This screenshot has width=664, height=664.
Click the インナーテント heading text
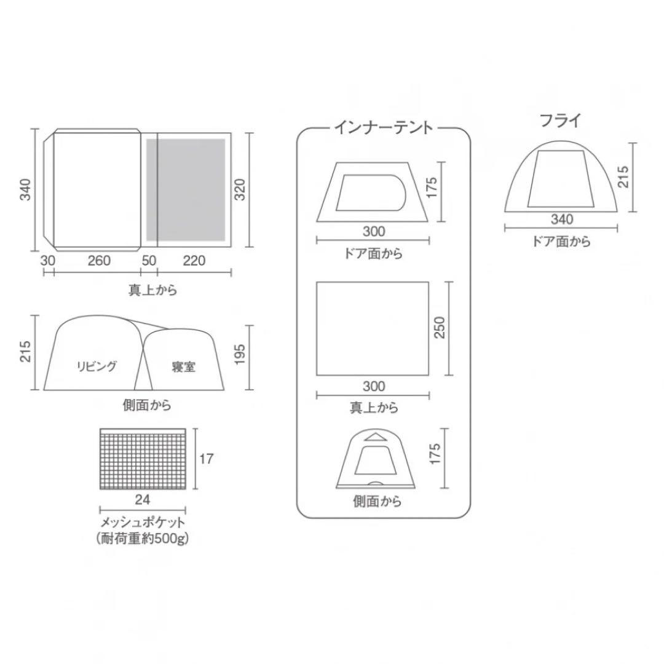tap(384, 127)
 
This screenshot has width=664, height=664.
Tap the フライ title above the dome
tap(560, 121)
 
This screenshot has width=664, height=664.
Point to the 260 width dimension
tap(98, 261)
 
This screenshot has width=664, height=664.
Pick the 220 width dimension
tap(194, 261)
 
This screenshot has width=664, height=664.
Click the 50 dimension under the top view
tap(149, 261)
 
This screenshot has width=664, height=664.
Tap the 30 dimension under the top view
tap(48, 261)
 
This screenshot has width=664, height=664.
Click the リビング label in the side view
tap(97, 366)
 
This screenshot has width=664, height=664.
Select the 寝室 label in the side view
tap(184, 367)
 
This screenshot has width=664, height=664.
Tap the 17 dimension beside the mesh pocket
tap(207, 459)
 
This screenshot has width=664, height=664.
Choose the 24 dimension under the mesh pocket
tap(142, 499)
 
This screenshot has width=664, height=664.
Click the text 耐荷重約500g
tap(143, 539)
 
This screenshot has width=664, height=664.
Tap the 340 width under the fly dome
tap(561, 219)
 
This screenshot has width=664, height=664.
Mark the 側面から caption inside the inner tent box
tap(377, 502)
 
